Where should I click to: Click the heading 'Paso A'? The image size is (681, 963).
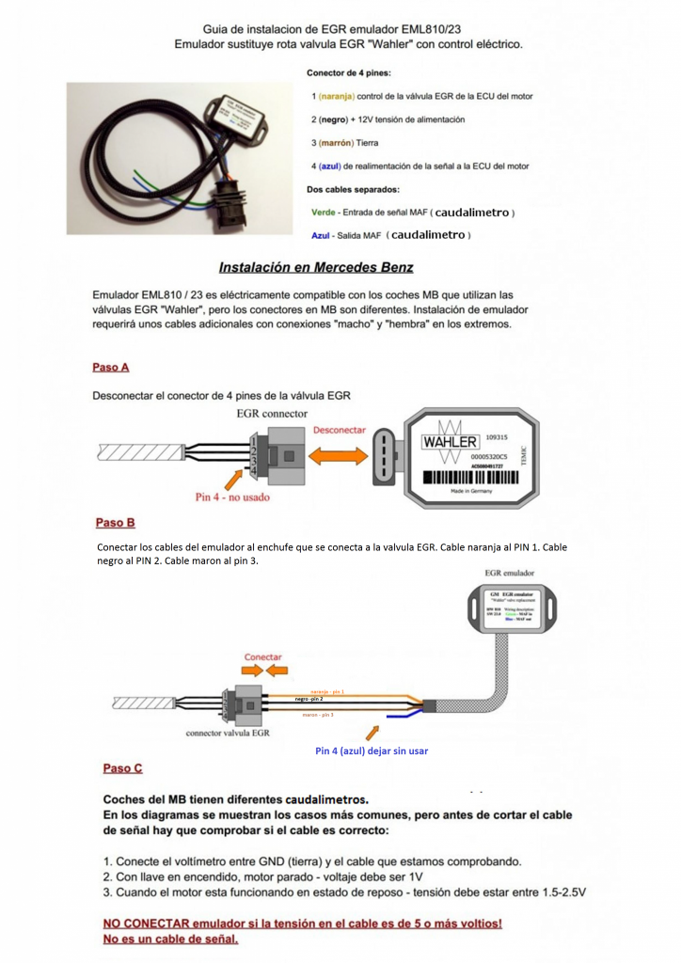point(110,367)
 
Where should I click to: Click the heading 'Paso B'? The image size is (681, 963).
point(116,522)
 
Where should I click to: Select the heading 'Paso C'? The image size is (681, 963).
point(122,768)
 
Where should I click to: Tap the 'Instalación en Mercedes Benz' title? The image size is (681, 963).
point(315,267)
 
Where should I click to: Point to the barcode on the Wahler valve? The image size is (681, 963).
point(467,477)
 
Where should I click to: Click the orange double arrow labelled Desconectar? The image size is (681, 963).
point(340,455)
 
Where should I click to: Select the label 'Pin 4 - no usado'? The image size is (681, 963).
point(232,497)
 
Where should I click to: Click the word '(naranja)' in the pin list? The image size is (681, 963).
point(337,96)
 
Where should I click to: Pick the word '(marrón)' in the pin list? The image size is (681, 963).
point(337,143)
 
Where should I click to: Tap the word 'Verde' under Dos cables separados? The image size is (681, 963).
point(324,213)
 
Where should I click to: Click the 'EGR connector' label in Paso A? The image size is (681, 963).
point(272,413)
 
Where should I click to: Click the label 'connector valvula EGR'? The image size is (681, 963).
point(229,732)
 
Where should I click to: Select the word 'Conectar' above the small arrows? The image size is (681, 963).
point(262,656)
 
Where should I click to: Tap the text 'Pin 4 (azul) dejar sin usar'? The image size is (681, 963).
point(372,751)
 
